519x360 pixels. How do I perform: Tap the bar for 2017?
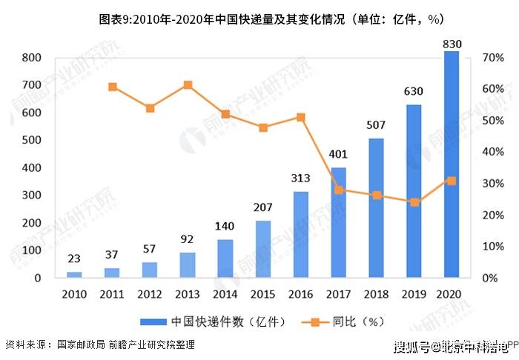[x=338, y=222]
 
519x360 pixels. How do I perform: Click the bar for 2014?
[x=225, y=259]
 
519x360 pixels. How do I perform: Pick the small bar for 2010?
[x=74, y=274]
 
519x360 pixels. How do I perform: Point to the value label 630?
[x=414, y=92]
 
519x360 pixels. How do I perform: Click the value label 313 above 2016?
[x=300, y=179]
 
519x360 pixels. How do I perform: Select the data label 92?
[x=187, y=239]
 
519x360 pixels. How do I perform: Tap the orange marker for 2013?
[x=188, y=85]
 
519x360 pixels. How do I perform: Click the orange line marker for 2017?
[x=339, y=190]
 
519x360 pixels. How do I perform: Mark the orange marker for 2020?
[x=452, y=181]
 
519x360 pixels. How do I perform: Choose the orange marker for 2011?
[x=113, y=87]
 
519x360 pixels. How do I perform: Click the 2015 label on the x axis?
[x=262, y=295]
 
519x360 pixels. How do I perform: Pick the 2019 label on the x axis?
[x=414, y=295]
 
